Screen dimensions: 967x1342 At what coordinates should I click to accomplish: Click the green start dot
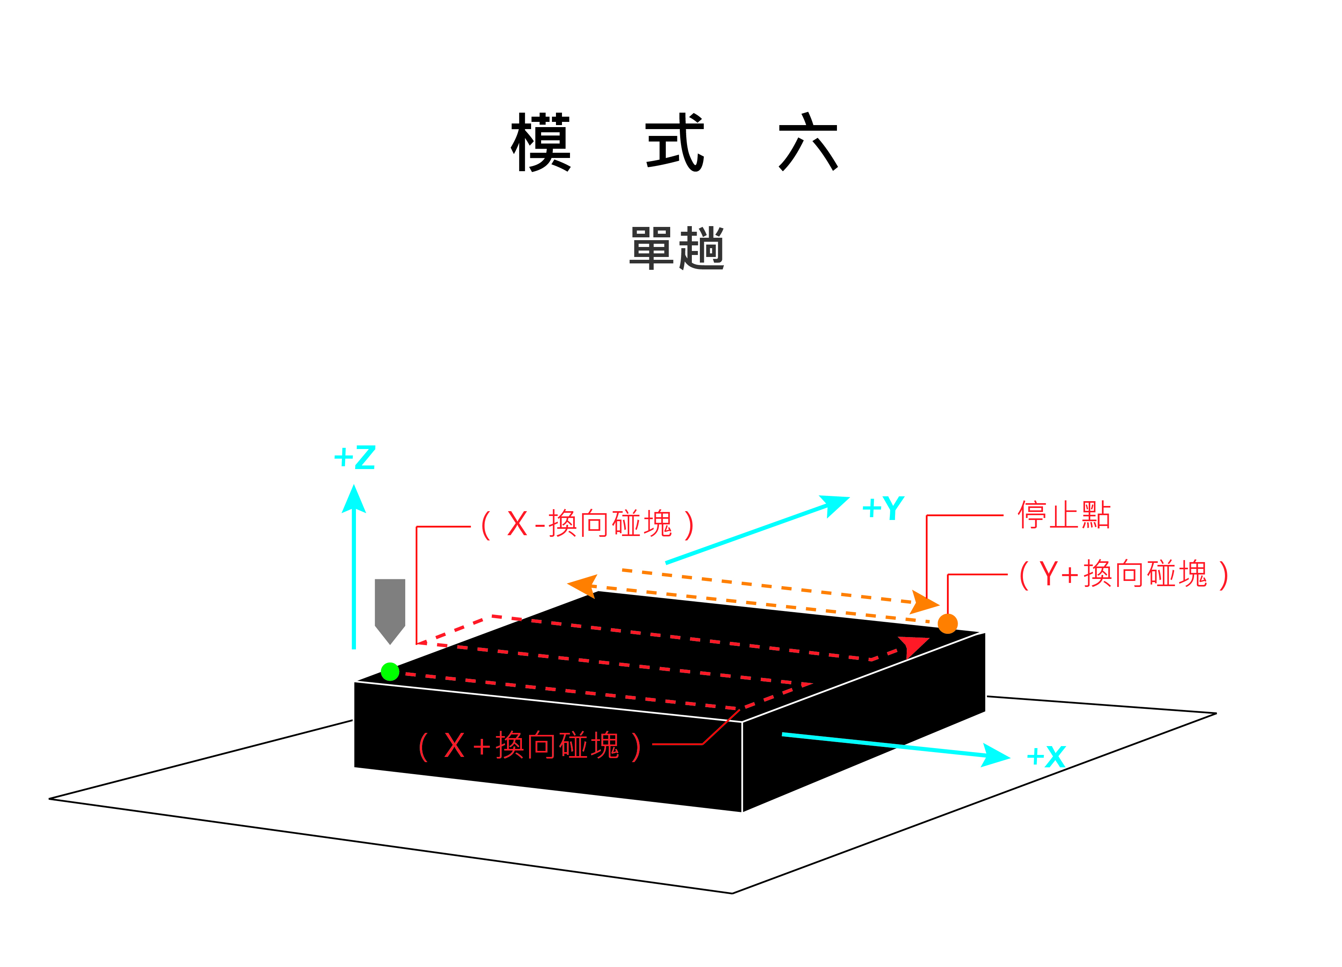pyautogui.click(x=390, y=672)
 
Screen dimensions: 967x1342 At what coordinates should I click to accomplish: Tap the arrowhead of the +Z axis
pyautogui.click(x=354, y=499)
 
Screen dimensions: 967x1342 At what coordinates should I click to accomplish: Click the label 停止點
pyautogui.click(x=1064, y=515)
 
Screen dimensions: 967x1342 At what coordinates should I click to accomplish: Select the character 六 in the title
pyautogui.click(x=808, y=142)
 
